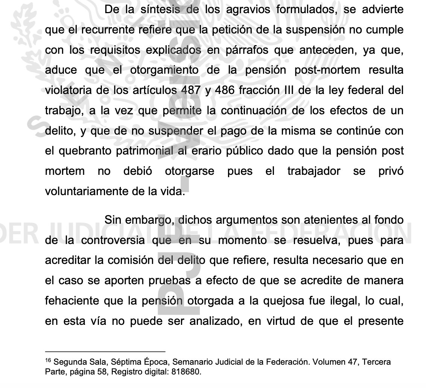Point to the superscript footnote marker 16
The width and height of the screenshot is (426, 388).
pyautogui.click(x=48, y=361)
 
